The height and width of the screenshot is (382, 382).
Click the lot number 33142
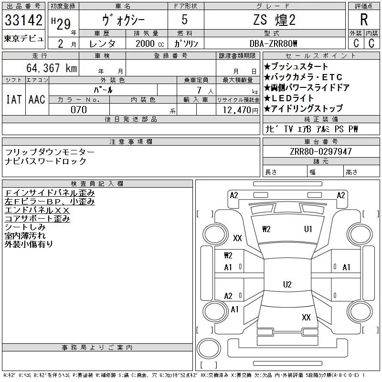[23, 20]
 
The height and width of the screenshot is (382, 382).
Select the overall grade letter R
[364, 20]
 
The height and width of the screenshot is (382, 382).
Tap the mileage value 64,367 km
[52, 68]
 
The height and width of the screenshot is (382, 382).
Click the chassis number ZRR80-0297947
[321, 151]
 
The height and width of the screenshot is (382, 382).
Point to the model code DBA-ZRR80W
[273, 43]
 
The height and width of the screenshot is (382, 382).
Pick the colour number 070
[79, 110]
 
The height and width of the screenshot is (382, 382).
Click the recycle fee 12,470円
[241, 110]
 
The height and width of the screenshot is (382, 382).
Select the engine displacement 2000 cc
[150, 43]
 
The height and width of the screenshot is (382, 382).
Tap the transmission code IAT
[14, 99]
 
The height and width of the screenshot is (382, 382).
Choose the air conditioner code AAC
[37, 99]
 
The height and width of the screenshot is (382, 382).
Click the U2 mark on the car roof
[287, 284]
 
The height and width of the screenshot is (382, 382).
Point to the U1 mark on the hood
[308, 229]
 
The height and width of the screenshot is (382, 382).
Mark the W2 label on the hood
[266, 229]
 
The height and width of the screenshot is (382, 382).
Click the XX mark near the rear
[306, 317]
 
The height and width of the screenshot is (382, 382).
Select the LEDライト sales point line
[289, 98]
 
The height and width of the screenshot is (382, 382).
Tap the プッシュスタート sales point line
[296, 66]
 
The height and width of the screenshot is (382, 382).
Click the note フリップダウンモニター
[50, 152]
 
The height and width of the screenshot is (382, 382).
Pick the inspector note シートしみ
[25, 227]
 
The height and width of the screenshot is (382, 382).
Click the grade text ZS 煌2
[274, 20]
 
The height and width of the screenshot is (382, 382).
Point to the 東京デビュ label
[23, 39]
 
